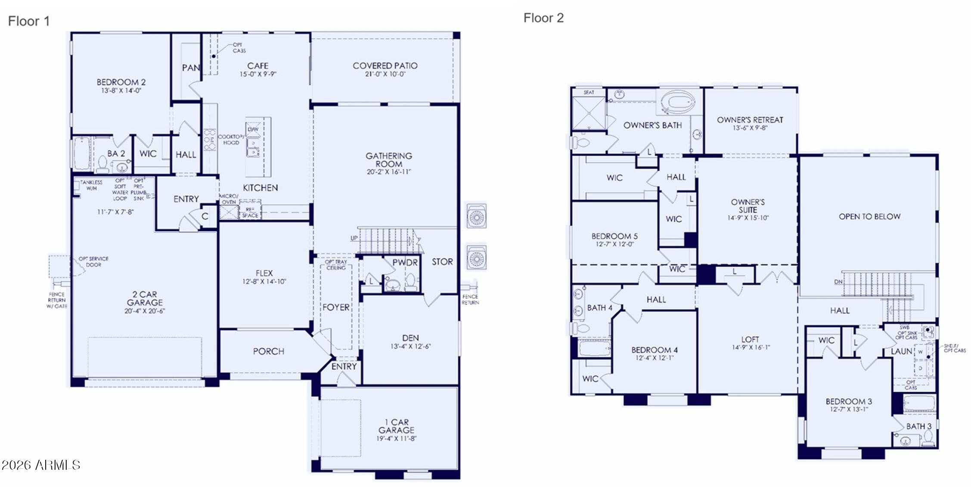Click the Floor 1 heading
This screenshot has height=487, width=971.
pyautogui.click(x=29, y=21)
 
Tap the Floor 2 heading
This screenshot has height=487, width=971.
pyautogui.click(x=543, y=18)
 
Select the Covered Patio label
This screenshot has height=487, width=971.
pyautogui.click(x=385, y=66)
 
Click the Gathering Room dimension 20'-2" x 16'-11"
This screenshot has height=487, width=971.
pyautogui.click(x=389, y=172)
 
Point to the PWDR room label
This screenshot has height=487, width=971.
pyautogui.click(x=405, y=262)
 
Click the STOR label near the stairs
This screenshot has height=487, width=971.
pyautogui.click(x=442, y=262)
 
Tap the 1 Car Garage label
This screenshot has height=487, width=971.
pyautogui.click(x=396, y=426)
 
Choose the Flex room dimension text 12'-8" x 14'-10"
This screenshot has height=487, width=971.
pyautogui.click(x=264, y=282)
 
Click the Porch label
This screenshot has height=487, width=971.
pyautogui.click(x=268, y=351)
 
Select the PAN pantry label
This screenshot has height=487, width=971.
pyautogui.click(x=191, y=68)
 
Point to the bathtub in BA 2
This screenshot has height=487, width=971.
pyautogui.click(x=82, y=153)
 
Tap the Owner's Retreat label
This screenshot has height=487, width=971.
pyautogui.click(x=750, y=120)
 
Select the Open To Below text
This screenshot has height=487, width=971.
pyautogui.click(x=869, y=217)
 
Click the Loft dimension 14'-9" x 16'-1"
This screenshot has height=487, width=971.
pyautogui.click(x=750, y=347)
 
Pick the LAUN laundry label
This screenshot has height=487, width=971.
pyautogui.click(x=901, y=351)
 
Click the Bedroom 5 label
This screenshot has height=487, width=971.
pyautogui.click(x=614, y=236)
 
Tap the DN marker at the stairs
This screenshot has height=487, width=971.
pyautogui.click(x=838, y=282)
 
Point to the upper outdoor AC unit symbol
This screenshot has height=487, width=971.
pyautogui.click(x=477, y=216)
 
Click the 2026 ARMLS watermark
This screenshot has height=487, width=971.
pyautogui.click(x=41, y=465)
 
